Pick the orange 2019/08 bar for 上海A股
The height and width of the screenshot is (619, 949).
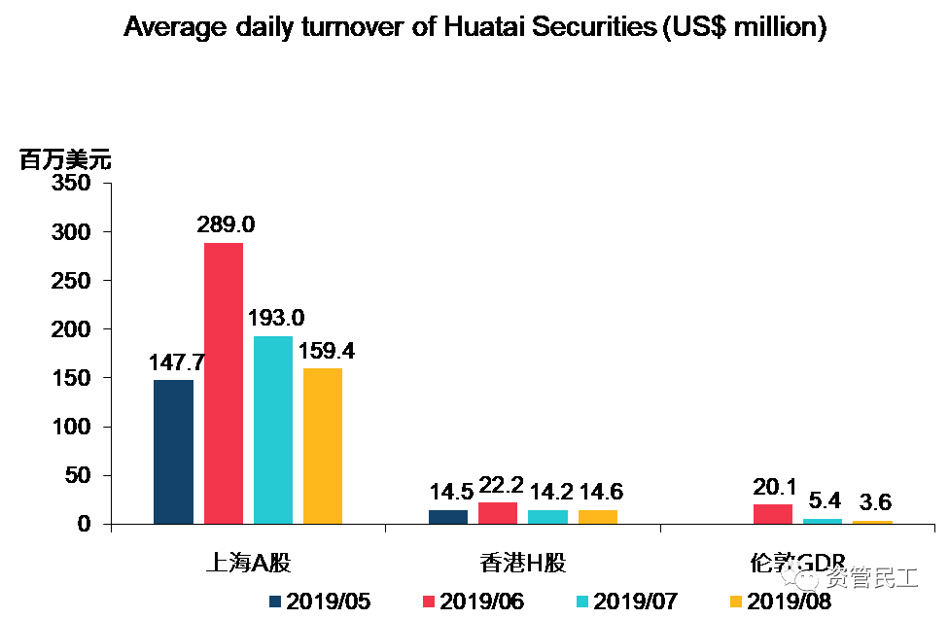click(x=323, y=446)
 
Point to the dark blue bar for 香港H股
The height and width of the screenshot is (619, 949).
click(x=448, y=517)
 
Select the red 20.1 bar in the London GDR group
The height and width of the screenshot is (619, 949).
click(x=773, y=514)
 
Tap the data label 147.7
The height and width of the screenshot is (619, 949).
click(x=177, y=362)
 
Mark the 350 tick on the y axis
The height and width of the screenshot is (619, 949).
click(x=72, y=184)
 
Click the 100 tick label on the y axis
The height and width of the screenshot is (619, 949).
click(x=72, y=427)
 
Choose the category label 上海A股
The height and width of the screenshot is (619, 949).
click(x=248, y=564)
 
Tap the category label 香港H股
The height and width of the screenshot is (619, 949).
click(x=523, y=564)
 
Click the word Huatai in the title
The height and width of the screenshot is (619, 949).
click(x=487, y=27)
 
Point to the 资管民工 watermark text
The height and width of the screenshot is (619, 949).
click(x=871, y=579)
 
